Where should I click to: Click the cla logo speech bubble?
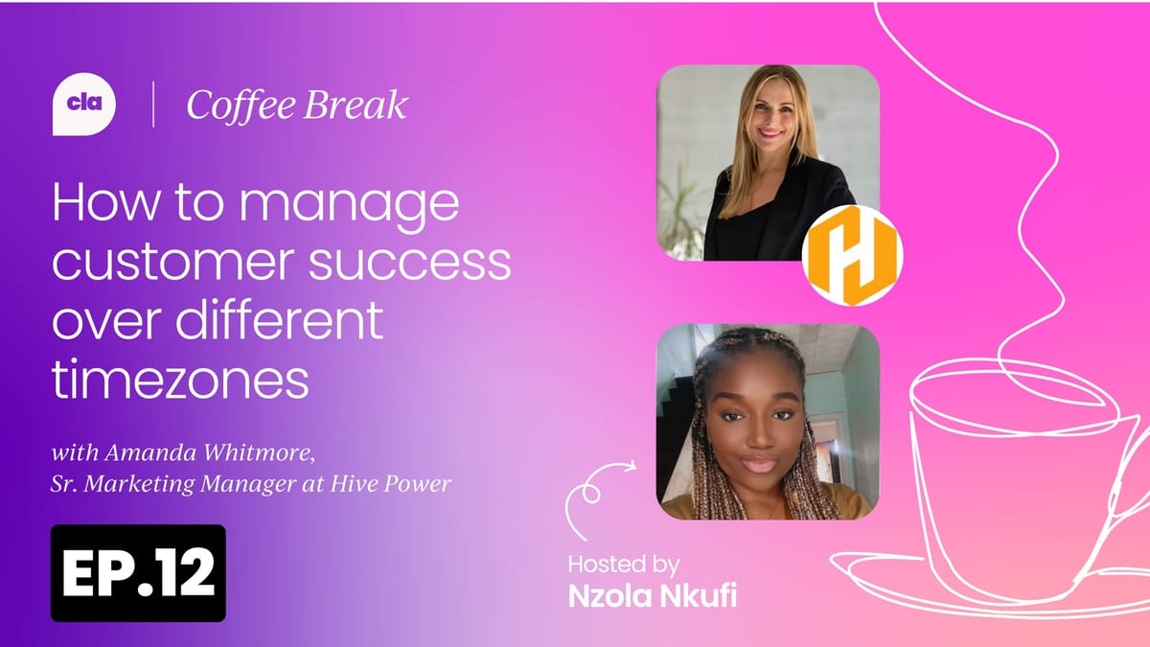pos(84,105)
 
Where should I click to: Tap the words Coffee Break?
pos(297,105)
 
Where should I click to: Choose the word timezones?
pos(180,381)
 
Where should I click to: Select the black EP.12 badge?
pos(138,573)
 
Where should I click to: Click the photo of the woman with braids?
pos(767,422)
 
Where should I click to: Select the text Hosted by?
pos(623,563)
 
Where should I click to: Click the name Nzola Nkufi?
pos(653,594)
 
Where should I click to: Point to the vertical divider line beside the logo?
pos(153,105)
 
